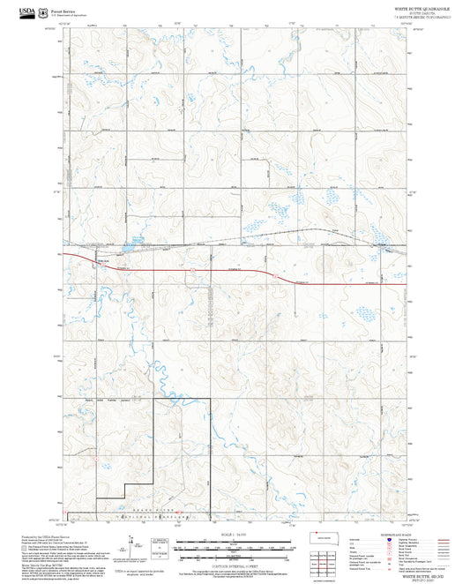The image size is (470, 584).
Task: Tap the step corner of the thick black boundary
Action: tap(124, 486)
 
